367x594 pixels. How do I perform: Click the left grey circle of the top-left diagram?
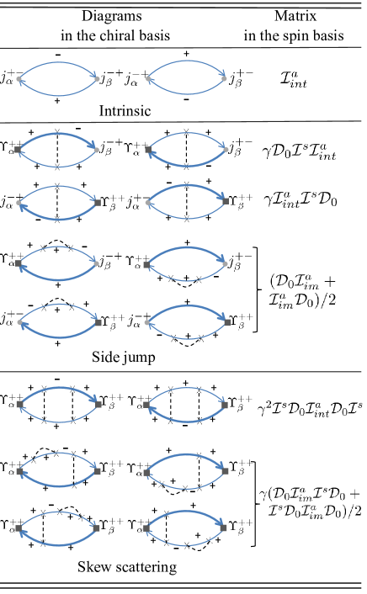19,79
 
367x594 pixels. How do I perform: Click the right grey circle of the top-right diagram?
224,79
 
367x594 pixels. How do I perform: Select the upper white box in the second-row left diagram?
57,131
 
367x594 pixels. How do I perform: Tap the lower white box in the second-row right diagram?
186,166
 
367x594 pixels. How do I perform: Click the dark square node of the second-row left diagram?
19,150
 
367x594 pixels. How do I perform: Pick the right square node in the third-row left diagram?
98,203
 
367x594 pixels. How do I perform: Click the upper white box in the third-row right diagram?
187,185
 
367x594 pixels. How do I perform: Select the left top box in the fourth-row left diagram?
43,247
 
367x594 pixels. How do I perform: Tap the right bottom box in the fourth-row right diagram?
199,278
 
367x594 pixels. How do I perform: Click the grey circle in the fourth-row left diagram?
96,263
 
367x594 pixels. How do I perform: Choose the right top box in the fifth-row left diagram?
72,306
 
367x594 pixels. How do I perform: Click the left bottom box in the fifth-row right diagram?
173,337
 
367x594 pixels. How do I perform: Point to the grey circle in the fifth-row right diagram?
147,322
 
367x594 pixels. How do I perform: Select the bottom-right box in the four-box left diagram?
73,419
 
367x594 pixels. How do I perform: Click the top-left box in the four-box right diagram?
171,390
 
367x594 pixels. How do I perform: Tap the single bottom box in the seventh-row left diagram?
74,484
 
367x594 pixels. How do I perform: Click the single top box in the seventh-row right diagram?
199,455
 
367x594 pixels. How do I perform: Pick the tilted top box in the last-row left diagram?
82,516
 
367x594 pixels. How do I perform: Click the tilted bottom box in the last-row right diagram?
209,539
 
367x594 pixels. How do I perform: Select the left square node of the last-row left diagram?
19,528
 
